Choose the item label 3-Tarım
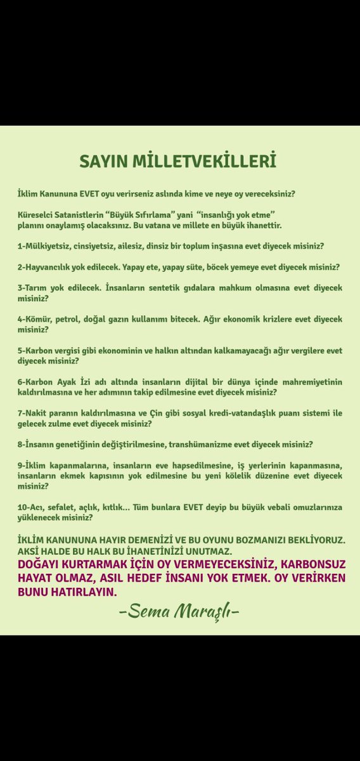32,288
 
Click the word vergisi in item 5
64,350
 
